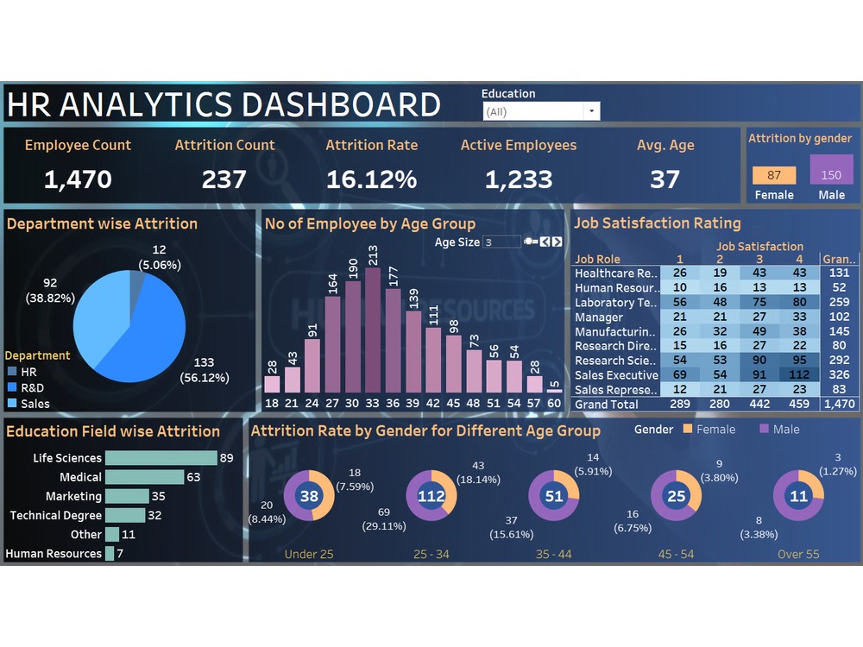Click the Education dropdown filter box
pos(540,111)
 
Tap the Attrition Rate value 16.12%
pos(371,179)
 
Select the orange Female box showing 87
pos(774,175)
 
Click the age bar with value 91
pos(312,366)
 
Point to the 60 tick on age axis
pos(554,404)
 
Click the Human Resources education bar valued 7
pos(110,554)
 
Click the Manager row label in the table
pos(599,317)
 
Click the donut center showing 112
pos(431,496)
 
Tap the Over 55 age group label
pos(798,554)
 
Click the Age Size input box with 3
pos(501,242)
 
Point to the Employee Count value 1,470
pos(78,179)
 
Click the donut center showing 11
pos(798,496)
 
